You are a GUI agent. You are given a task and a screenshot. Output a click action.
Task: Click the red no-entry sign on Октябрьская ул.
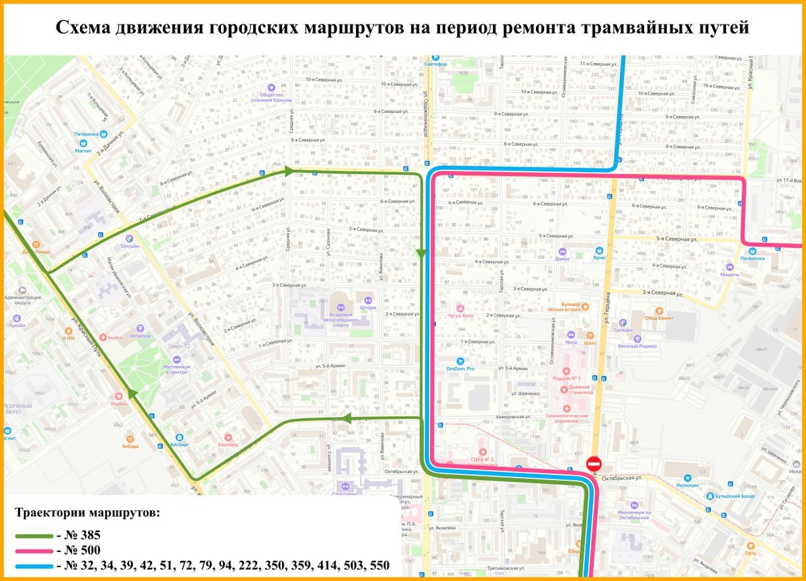(594, 463)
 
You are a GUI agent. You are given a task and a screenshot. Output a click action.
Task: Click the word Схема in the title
(85, 28)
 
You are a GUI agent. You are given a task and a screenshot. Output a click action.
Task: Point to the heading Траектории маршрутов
(87, 512)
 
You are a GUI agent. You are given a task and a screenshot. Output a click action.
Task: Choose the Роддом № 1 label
(566, 378)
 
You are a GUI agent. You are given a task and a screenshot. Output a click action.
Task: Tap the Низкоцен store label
(688, 485)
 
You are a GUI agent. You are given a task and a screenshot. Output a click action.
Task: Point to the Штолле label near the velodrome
(368, 308)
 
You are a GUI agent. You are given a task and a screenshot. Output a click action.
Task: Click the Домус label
(563, 258)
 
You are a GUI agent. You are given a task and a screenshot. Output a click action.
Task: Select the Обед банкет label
(659, 318)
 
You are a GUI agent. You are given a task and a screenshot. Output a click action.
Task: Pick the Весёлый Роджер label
(637, 346)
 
